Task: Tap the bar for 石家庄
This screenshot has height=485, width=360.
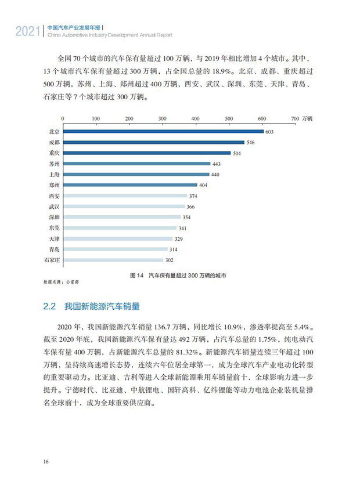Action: tap(113, 260)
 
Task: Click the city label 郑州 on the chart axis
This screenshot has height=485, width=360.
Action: tap(54, 186)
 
